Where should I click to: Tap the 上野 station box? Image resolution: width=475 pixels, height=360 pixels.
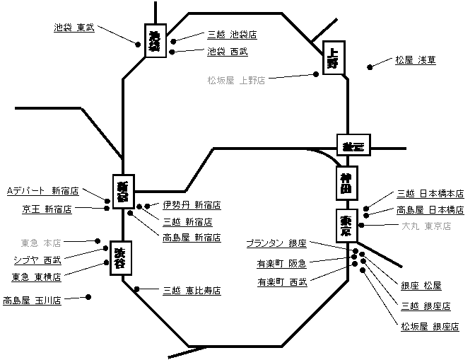click(334, 59)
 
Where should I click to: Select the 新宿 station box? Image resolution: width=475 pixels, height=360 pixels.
click(124, 191)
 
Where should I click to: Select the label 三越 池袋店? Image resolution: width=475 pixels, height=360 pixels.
click(232, 34)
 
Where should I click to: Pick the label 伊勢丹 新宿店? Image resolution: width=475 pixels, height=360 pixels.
click(192, 205)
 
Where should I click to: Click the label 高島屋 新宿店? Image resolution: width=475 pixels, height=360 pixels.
click(192, 238)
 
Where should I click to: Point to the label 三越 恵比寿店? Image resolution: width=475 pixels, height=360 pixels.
click(192, 290)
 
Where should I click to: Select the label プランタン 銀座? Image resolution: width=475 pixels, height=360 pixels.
click(276, 243)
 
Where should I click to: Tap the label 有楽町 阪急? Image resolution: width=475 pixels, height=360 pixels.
click(281, 264)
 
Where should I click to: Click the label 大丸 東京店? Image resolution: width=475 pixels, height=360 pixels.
click(426, 226)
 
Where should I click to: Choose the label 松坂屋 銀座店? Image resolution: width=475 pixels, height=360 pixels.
click(430, 326)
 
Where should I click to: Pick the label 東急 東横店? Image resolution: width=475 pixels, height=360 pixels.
click(36, 277)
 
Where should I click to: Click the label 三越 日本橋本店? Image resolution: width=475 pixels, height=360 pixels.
click(430, 193)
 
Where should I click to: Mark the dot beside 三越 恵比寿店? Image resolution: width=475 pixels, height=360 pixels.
click(137, 289)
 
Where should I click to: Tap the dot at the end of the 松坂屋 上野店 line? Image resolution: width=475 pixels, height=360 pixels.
click(316, 74)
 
